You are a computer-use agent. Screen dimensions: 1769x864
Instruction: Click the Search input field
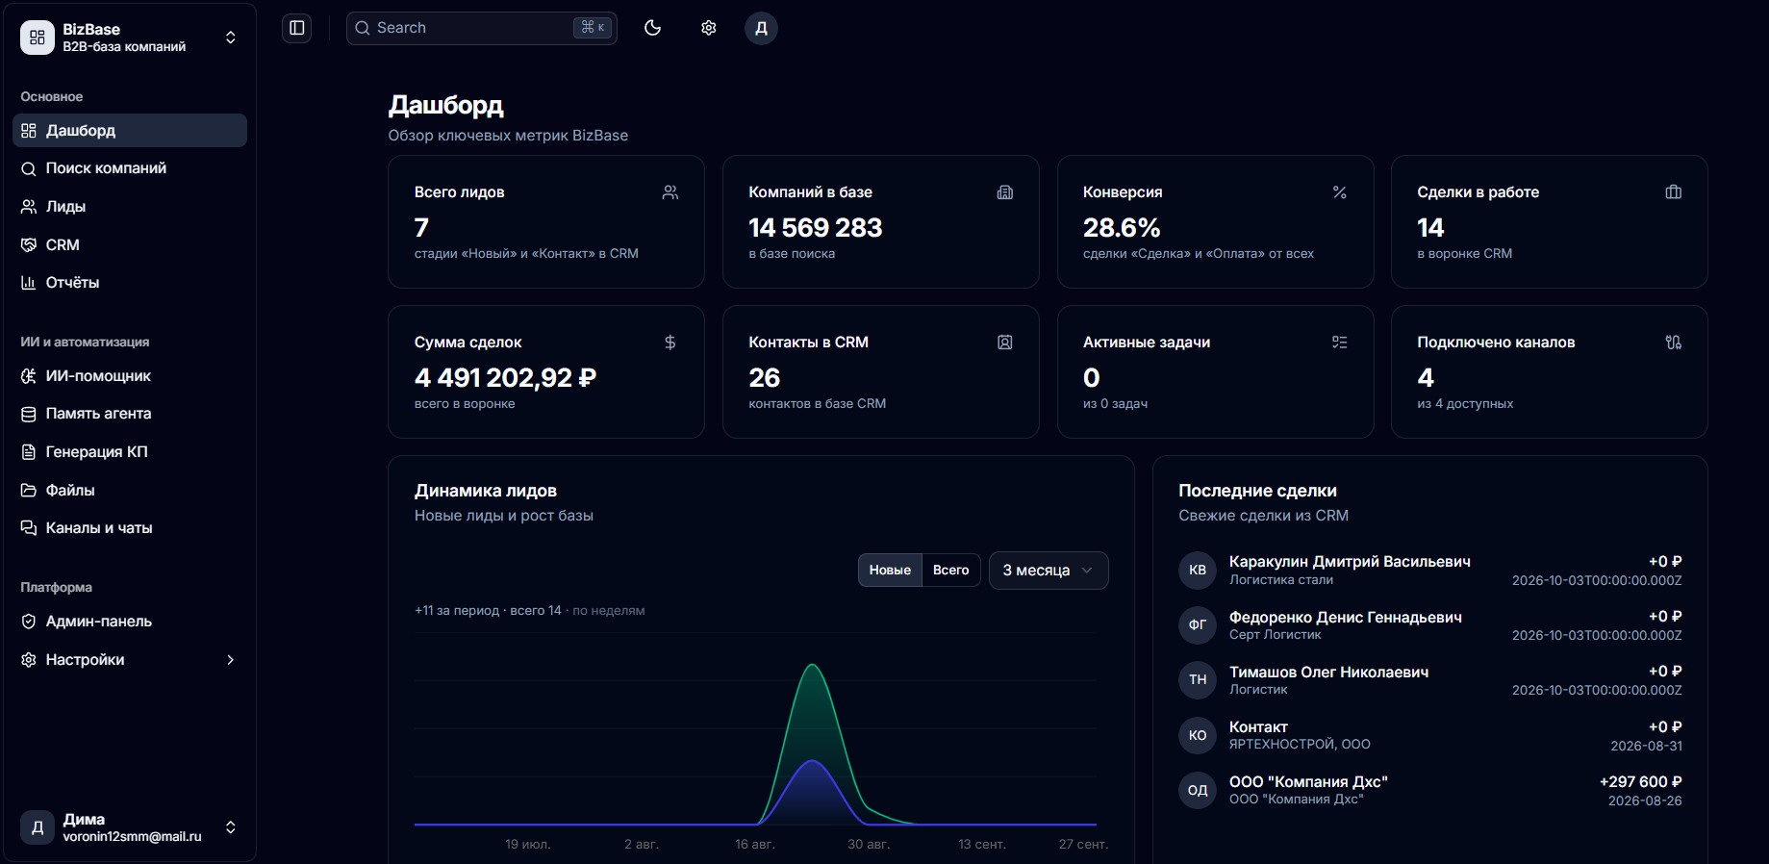point(481,28)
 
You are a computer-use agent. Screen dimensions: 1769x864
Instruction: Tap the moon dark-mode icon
point(653,28)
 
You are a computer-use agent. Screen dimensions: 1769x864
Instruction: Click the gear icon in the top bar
point(709,28)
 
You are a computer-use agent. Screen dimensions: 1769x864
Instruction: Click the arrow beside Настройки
point(231,660)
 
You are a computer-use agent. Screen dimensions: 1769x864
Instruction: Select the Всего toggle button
point(951,571)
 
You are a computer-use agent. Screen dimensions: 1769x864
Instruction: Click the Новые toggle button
point(890,571)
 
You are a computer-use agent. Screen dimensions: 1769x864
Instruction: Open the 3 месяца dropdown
point(1049,571)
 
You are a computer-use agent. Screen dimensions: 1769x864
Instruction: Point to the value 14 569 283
point(816,228)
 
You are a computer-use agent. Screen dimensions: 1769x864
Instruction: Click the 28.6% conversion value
point(1122,228)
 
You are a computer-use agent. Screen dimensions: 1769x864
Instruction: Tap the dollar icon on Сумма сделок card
point(670,343)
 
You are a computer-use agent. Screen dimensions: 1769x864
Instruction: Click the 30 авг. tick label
point(869,845)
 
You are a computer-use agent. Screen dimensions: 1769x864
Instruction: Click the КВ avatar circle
point(1198,570)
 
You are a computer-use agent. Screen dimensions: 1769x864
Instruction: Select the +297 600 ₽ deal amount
point(1640,782)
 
